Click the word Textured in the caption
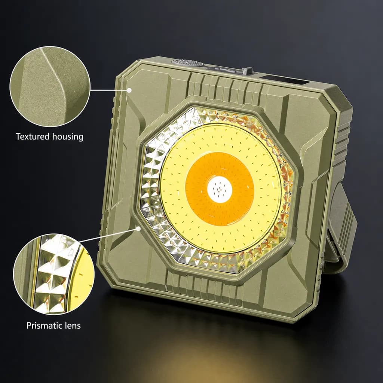(x=33, y=136)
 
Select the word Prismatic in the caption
(x=45, y=325)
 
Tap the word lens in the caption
(x=73, y=325)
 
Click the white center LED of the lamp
(x=220, y=189)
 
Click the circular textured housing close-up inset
(x=50, y=87)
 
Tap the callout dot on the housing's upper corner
(x=129, y=90)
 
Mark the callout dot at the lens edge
(x=138, y=229)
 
